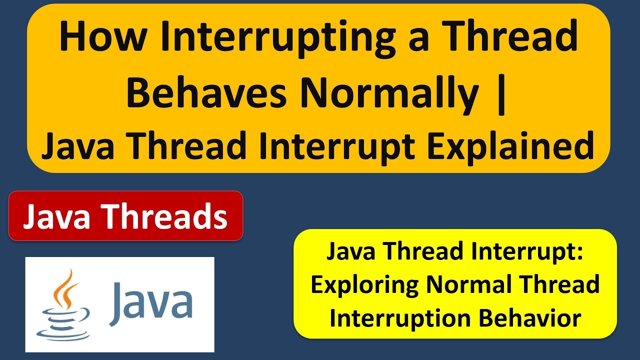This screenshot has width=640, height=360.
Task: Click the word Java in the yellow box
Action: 351,251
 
